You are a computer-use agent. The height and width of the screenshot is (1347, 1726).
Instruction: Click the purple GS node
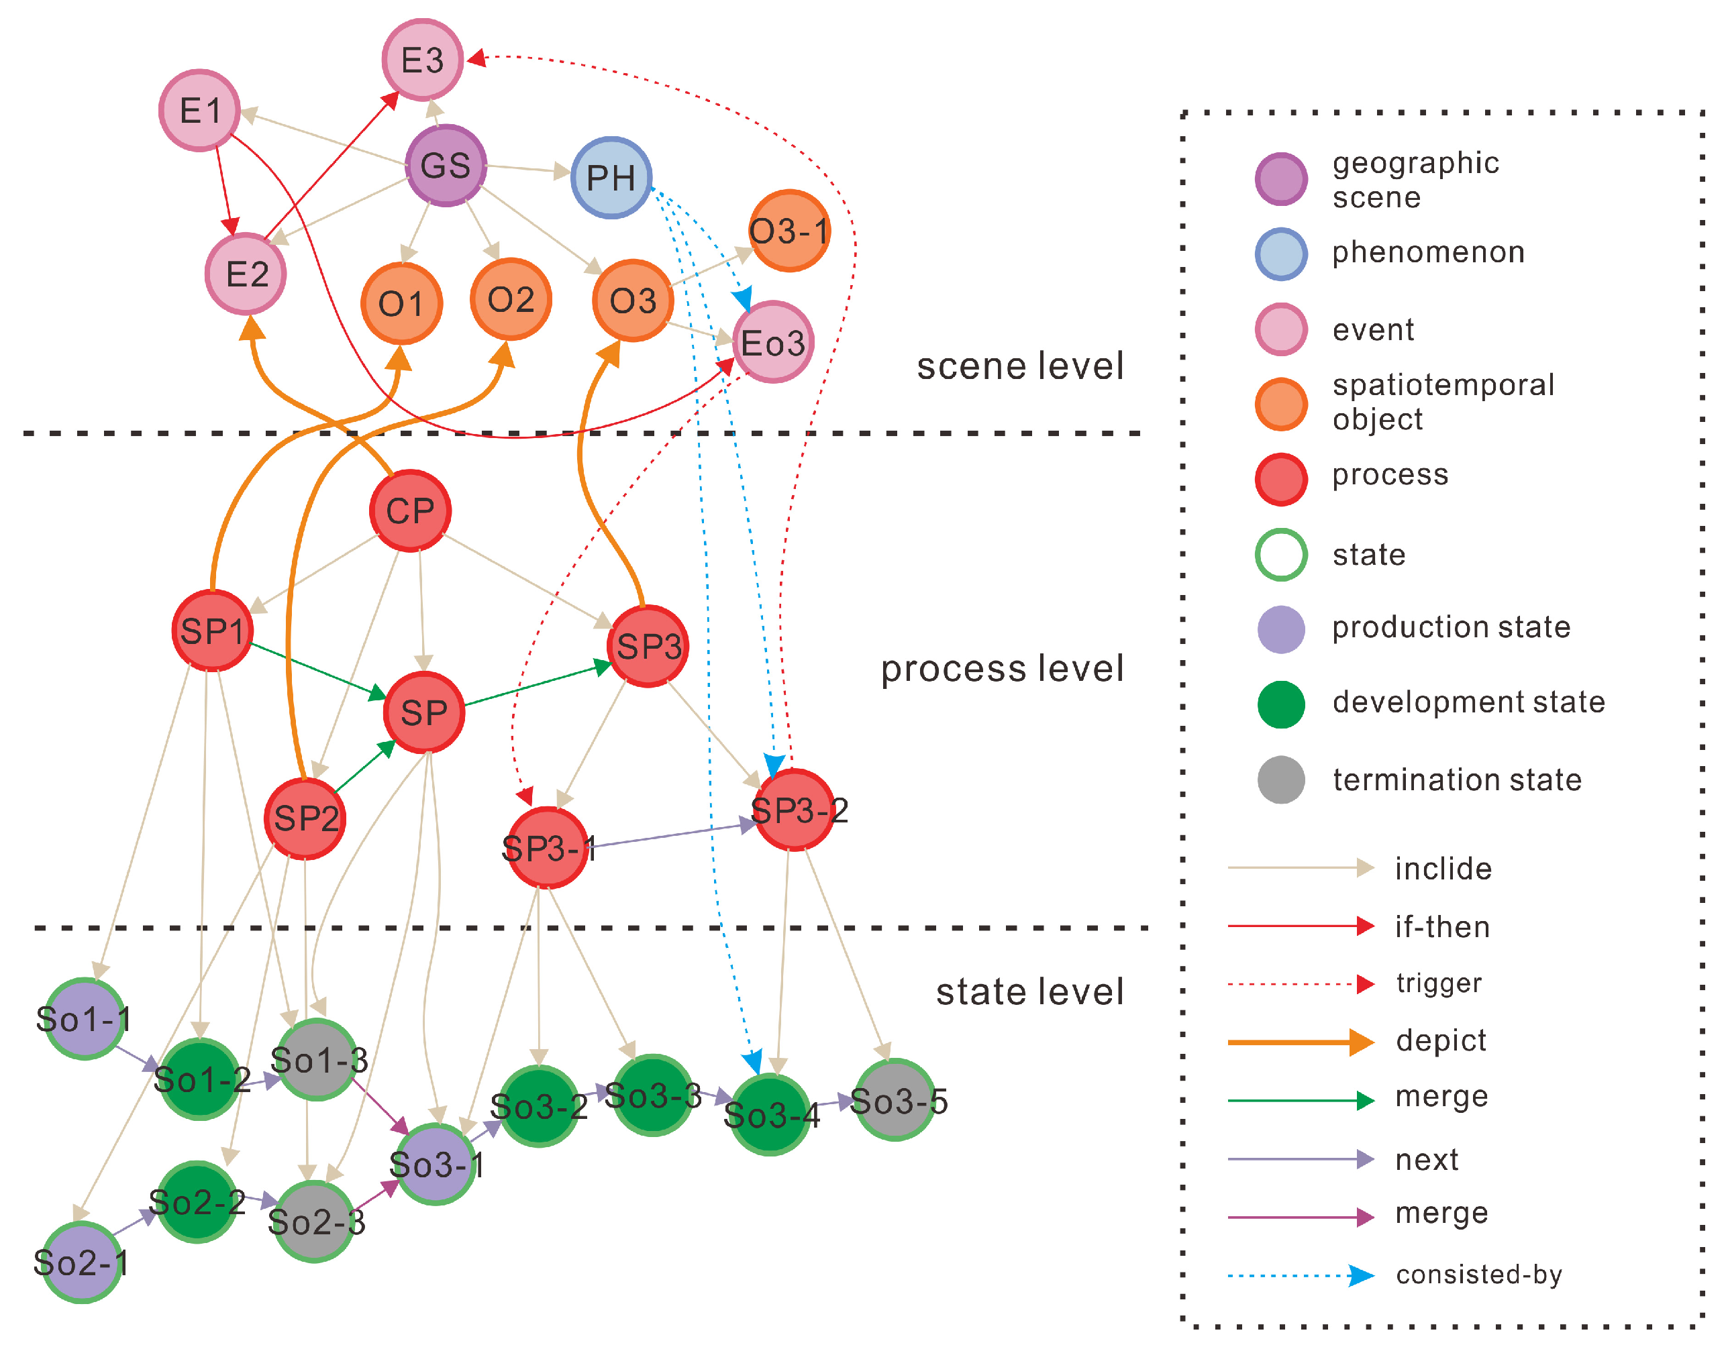tap(445, 165)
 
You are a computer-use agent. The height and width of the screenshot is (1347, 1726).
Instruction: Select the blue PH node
tap(611, 178)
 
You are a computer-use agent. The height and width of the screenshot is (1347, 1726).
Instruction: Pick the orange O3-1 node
tap(789, 231)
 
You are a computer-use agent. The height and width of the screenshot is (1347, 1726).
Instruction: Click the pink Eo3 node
tap(772, 343)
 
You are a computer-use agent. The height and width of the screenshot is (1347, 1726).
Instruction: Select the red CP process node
tap(410, 511)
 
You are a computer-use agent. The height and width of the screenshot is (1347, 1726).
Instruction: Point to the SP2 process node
tap(305, 818)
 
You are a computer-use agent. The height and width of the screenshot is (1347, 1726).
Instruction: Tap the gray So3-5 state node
tap(895, 1101)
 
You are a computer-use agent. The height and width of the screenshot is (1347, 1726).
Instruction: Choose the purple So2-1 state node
tap(81, 1262)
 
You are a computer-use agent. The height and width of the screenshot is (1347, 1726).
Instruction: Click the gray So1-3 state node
tap(317, 1060)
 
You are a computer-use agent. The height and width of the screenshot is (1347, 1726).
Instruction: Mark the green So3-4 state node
tap(770, 1115)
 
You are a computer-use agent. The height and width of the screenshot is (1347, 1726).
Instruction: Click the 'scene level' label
tap(1019, 366)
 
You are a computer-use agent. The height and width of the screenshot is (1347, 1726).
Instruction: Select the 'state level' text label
tap(1029, 991)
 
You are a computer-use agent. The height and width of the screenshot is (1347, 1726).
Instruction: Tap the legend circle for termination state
tap(1280, 779)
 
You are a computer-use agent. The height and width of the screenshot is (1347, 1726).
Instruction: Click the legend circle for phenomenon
tap(1280, 254)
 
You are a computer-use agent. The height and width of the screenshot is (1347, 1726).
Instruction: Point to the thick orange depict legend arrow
tap(1300, 1042)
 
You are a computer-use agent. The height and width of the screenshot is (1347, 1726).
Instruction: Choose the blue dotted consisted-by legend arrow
tap(1300, 1275)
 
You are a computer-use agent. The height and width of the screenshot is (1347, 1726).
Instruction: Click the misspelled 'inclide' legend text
tap(1442, 868)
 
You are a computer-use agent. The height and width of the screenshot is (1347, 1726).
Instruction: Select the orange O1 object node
tap(401, 303)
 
